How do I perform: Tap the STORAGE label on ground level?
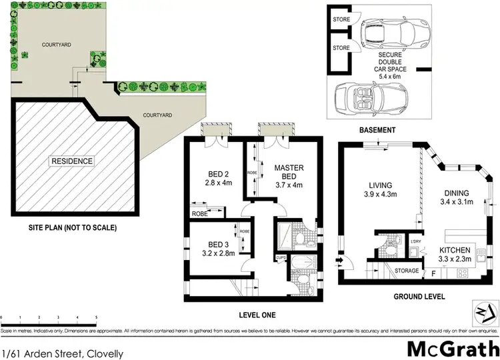pos(407,271)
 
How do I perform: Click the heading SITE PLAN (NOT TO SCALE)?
pos(73,228)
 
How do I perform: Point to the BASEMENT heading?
pos(377,130)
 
